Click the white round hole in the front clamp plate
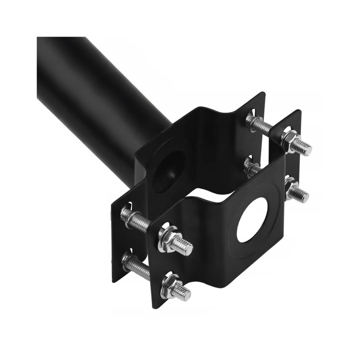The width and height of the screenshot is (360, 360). [252, 220]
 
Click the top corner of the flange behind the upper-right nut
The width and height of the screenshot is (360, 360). [299, 111]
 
